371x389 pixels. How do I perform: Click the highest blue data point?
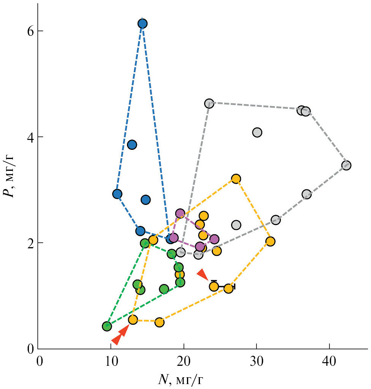pos(142,24)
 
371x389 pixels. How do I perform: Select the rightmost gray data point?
pos(346,165)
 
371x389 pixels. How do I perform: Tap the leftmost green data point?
pos(107,326)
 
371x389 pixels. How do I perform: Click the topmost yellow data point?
pos(236,179)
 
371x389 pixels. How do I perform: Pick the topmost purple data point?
pos(180,213)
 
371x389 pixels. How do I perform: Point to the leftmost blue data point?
pos(117,194)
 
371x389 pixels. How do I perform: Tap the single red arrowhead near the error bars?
pos(203,274)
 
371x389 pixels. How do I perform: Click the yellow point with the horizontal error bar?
pos(228,288)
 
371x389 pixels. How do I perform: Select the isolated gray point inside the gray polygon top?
pos(257,132)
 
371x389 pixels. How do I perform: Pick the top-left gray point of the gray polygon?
pos(209,103)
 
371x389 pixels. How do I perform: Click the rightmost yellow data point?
pos(270,241)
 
